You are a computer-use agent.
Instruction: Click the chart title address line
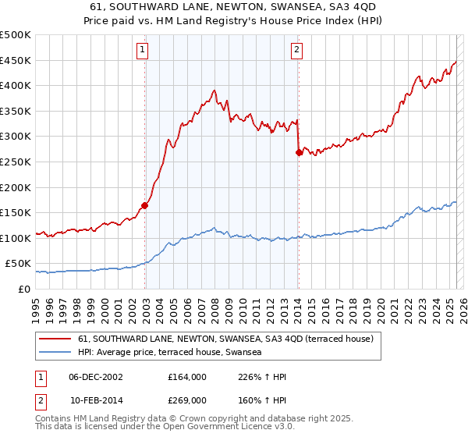pos(234,6)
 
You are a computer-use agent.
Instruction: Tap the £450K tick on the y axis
pos(16,60)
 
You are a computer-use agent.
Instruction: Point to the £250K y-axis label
pos(16,162)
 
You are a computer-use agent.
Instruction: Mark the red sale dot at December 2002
pos(144,206)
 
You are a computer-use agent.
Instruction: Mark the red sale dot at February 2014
pos(299,152)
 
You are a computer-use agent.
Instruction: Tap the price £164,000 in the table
pos(186,377)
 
